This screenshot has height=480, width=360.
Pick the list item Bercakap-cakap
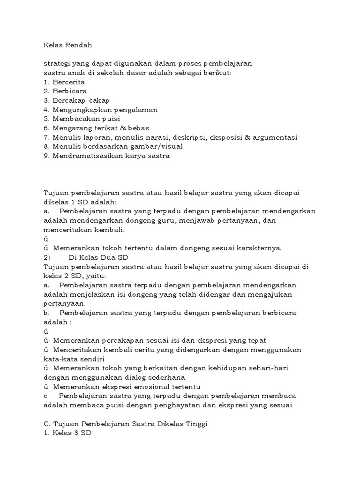point(81,100)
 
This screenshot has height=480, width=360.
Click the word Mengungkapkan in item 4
point(79,110)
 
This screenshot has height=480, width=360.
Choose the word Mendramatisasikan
point(89,156)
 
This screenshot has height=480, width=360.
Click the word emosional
point(146,387)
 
